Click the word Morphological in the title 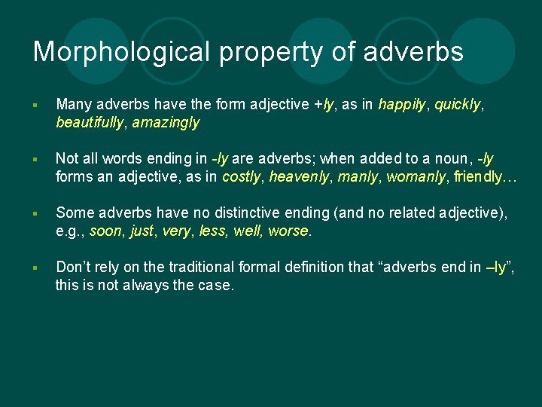120,51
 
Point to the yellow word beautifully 90,122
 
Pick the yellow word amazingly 166,122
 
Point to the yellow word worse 288,231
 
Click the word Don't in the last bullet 74,267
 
